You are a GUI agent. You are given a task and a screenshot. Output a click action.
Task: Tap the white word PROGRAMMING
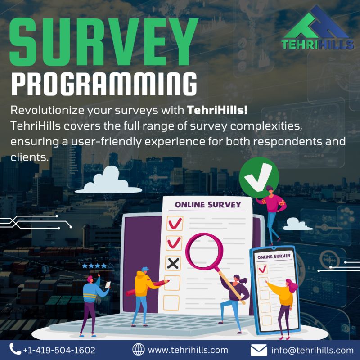104,85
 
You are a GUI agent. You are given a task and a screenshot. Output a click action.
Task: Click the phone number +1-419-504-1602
59,350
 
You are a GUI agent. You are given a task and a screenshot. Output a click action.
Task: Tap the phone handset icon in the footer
15,350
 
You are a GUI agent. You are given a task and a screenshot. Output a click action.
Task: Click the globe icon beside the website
139,350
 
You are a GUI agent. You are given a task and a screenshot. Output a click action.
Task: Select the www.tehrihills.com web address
188,350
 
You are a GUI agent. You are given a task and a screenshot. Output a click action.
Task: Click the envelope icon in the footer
259,350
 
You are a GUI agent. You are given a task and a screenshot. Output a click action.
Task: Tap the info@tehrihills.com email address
312,350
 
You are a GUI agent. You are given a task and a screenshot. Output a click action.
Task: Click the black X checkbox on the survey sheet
173,262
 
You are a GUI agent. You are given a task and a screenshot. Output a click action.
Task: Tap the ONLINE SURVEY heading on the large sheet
207,205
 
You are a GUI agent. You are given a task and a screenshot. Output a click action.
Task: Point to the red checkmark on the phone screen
262,269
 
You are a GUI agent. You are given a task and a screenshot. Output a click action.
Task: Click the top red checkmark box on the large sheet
174,223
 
